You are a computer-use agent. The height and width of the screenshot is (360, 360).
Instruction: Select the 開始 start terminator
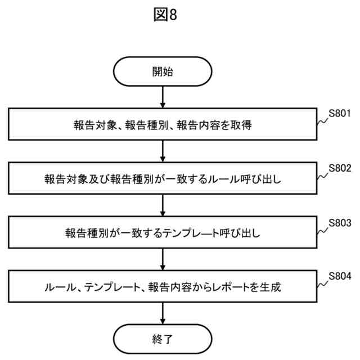coord(163,72)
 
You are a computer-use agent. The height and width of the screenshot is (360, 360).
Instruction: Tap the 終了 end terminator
coord(163,339)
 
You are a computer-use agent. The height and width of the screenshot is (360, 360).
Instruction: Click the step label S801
coord(340,114)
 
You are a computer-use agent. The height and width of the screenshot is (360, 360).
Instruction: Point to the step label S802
coord(340,168)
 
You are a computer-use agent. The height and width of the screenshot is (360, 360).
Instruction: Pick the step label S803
coord(340,222)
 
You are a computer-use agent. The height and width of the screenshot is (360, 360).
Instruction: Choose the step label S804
coord(340,276)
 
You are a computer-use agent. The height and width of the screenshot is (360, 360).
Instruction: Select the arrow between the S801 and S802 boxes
coord(163,151)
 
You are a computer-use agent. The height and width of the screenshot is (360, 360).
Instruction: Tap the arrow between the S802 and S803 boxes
coord(163,205)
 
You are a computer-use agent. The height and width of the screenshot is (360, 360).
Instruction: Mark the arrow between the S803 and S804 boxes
coord(163,259)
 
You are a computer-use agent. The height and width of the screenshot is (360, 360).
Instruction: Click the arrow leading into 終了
coord(163,313)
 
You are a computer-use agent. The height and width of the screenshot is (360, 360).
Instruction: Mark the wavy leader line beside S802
coord(323,176)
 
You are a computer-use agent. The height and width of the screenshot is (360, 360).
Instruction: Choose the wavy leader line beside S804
coord(323,284)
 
